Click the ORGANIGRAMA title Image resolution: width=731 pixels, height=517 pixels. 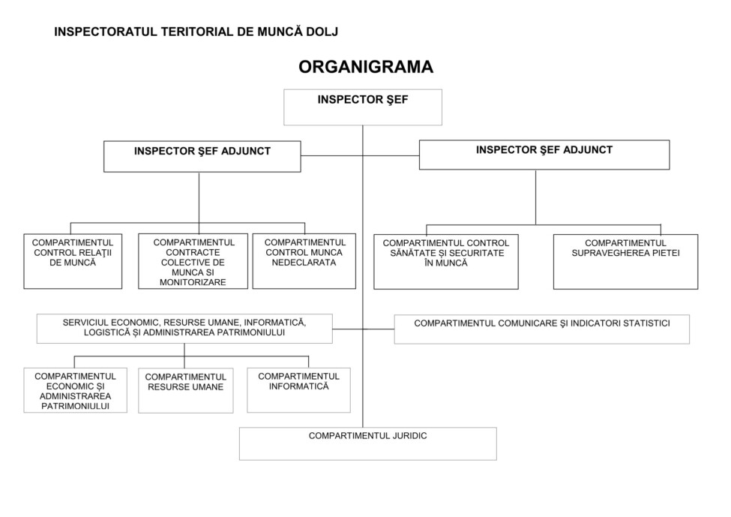pyautogui.click(x=365, y=67)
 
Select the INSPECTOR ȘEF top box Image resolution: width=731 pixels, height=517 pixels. pyautogui.click(x=362, y=107)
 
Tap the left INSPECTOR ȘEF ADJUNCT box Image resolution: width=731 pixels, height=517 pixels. pyautogui.click(x=202, y=156)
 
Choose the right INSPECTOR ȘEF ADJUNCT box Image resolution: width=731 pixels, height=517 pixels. pyautogui.click(x=544, y=155)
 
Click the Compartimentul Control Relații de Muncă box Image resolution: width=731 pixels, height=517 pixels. pyautogui.click(x=73, y=261)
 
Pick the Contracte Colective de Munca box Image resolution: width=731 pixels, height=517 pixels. pyautogui.click(x=193, y=261)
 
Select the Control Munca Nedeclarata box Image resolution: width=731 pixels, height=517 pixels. pyautogui.click(x=304, y=261)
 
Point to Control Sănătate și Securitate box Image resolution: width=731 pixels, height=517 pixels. pyautogui.click(x=445, y=261)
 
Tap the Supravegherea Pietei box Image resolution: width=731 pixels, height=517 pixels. pyautogui.click(x=625, y=261)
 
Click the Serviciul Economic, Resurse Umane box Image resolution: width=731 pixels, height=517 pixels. pyautogui.click(x=184, y=328)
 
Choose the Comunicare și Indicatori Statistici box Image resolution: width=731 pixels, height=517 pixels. pyautogui.click(x=541, y=329)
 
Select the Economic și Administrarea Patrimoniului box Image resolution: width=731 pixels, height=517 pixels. pyautogui.click(x=75, y=390)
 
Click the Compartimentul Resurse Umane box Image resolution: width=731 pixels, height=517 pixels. pyautogui.click(x=185, y=389)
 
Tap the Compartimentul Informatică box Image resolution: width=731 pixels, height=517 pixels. pyautogui.click(x=298, y=389)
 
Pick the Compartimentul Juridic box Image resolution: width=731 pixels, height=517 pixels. pyautogui.click(x=367, y=443)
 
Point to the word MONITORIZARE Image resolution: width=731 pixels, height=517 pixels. pyautogui.click(x=193, y=283)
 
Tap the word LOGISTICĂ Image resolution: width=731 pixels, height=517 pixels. pyautogui.click(x=106, y=332)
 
